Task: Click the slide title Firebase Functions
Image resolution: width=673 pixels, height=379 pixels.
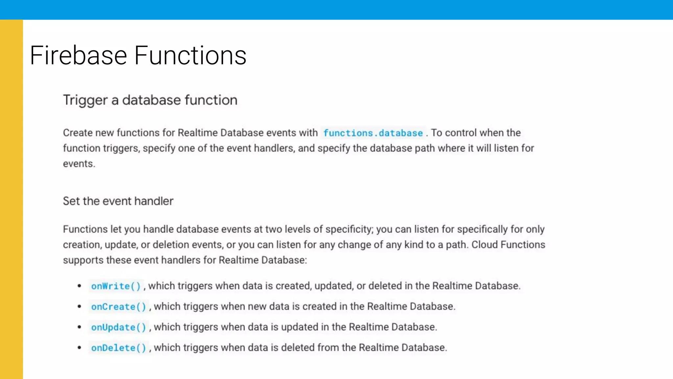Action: point(138,55)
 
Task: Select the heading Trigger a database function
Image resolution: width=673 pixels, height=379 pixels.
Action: point(150,100)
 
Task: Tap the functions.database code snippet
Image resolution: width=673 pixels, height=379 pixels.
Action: point(373,133)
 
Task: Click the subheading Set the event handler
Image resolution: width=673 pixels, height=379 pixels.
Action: point(118,201)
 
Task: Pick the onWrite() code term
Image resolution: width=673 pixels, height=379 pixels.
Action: point(116,286)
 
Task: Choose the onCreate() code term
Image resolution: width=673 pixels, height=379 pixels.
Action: point(118,307)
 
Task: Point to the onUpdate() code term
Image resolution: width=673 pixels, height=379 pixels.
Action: point(118,327)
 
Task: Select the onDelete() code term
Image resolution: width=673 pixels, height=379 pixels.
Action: point(118,348)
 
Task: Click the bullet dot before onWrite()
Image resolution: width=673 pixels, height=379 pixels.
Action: point(80,286)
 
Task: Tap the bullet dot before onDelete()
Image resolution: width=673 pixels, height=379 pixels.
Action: point(80,348)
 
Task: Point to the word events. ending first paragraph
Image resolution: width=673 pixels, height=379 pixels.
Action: point(79,164)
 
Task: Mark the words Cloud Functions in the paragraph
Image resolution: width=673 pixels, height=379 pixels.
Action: point(508,245)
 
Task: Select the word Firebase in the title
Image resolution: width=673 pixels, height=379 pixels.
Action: point(79,55)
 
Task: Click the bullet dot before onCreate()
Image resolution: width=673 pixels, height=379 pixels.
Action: point(80,307)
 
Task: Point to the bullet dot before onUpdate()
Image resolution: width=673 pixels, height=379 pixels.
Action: point(80,327)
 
